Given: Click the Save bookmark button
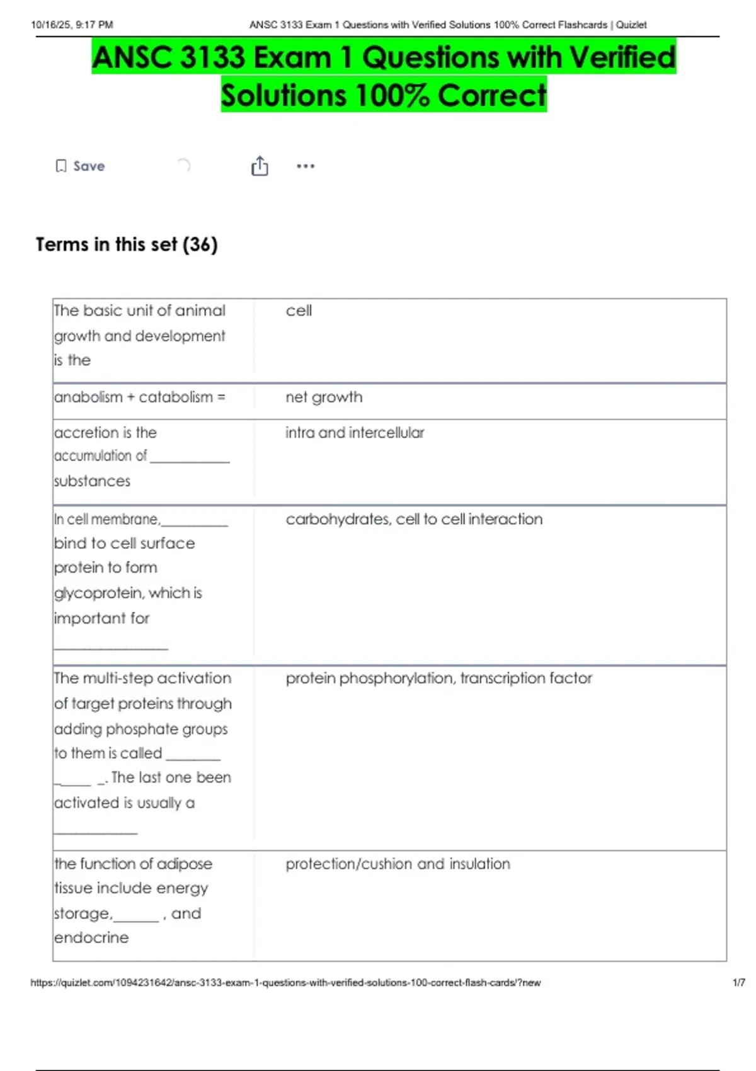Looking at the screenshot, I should click(80, 166).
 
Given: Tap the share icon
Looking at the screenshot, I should click(260, 166).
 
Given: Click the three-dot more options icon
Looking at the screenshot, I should click(306, 166).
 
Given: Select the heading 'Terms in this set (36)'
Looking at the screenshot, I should click(127, 244).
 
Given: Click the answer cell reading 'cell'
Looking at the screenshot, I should click(299, 311).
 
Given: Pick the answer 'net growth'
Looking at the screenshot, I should click(324, 398).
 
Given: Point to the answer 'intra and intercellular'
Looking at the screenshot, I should click(355, 433).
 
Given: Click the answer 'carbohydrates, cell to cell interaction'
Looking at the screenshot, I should click(414, 519).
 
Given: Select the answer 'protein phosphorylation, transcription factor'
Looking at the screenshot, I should click(438, 679).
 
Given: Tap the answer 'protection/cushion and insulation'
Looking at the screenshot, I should click(398, 864).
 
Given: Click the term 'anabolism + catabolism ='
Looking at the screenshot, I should click(140, 398).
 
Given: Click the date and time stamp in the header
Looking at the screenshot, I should click(72, 25).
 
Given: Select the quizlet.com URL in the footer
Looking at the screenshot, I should click(285, 983).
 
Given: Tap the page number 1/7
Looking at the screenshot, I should click(738, 983).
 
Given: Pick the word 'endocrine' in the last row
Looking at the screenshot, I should click(91, 938).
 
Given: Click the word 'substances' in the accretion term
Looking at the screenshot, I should click(92, 481).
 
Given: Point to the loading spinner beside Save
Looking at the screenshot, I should click(183, 166).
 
